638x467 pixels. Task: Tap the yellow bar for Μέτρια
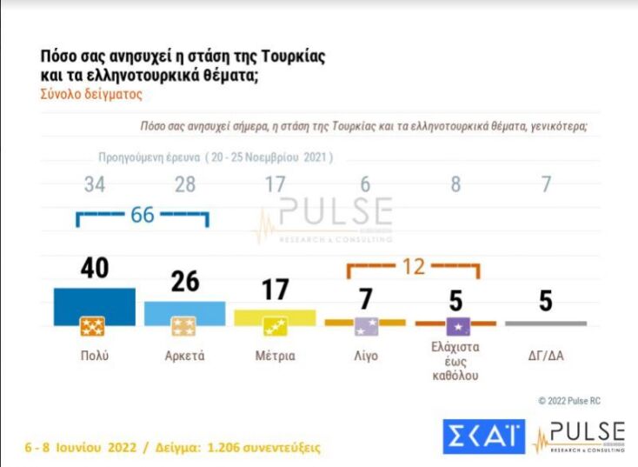[x=275, y=317]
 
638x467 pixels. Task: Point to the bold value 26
[x=184, y=281]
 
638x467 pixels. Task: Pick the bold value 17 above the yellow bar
[x=275, y=290]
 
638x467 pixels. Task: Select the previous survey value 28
[x=184, y=184]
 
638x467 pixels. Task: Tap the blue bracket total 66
[x=142, y=214]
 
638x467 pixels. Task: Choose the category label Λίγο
[x=365, y=356]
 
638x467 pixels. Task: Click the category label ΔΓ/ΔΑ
[x=546, y=356]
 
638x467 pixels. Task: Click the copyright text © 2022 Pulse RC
[x=568, y=400]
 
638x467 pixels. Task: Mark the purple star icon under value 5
[x=455, y=327]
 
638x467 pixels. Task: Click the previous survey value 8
[x=455, y=184]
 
